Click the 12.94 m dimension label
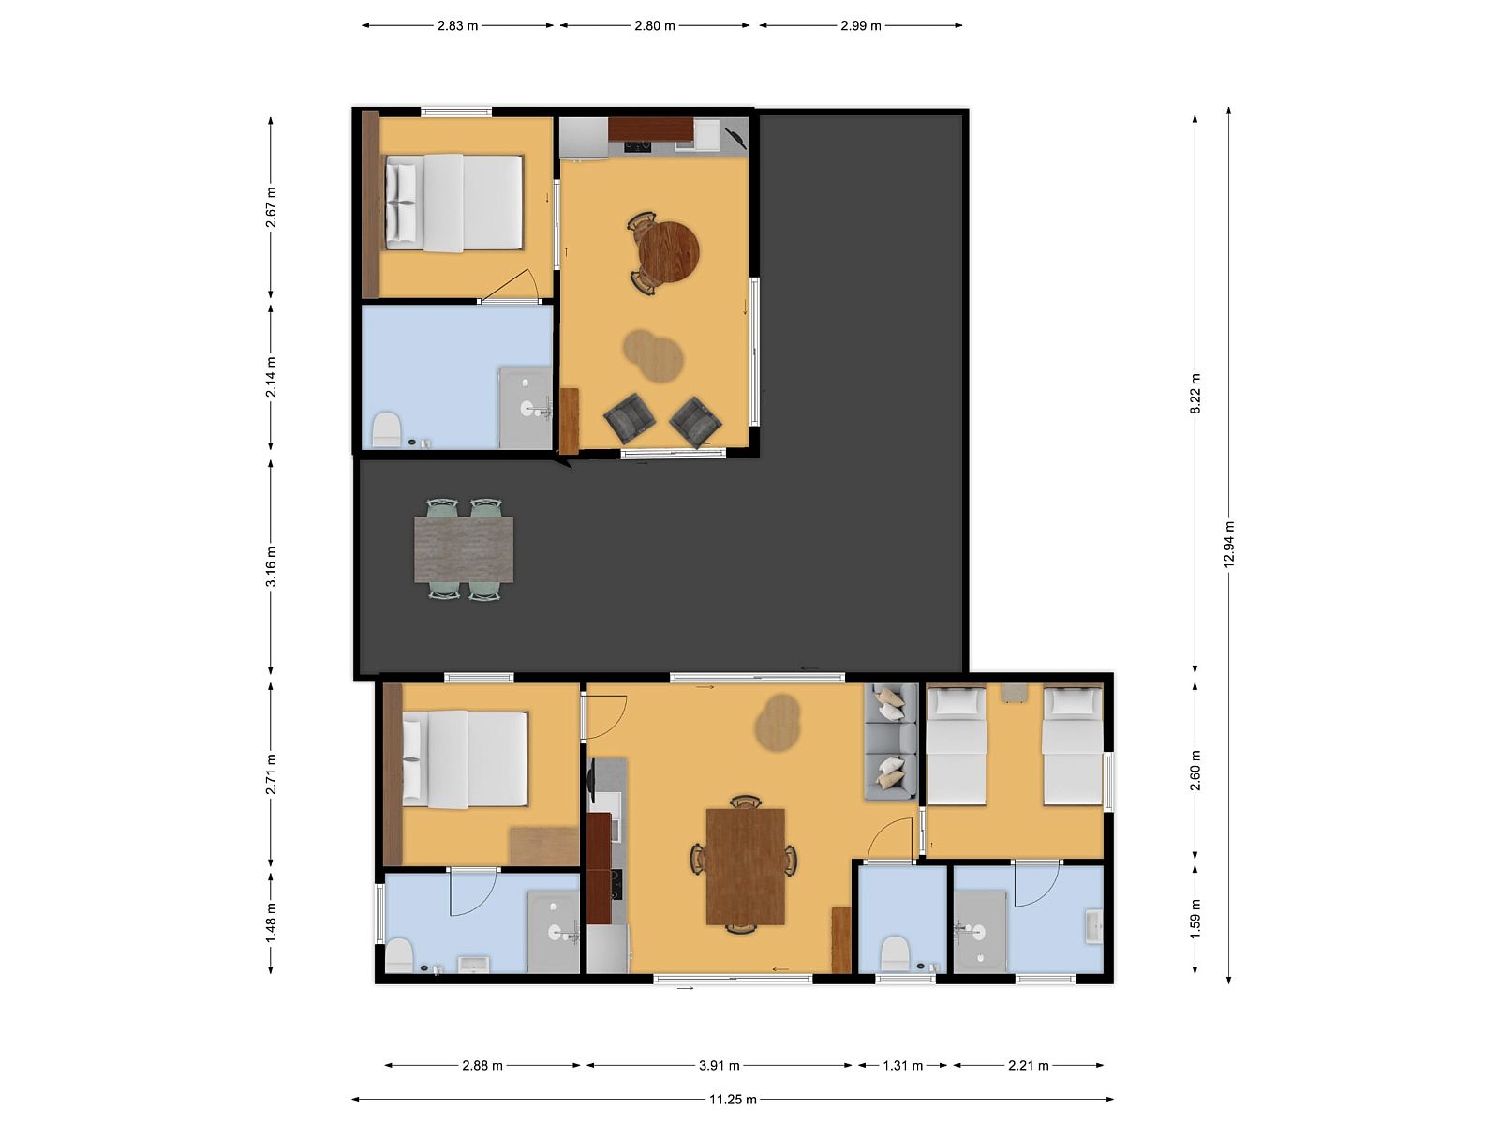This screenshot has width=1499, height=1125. tap(1229, 545)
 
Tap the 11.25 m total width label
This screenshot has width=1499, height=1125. tap(733, 1099)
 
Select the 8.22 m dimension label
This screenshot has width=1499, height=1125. tap(1195, 394)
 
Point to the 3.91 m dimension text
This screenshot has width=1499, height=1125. tap(720, 1065)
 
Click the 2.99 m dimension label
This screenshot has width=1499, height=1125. tap(860, 26)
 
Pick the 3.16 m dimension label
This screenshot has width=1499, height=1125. tap(271, 566)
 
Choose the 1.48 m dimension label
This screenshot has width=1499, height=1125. tap(271, 922)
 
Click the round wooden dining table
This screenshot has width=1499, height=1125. tap(669, 252)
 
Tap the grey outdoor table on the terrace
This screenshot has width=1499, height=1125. tap(464, 550)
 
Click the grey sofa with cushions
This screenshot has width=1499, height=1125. tap(891, 742)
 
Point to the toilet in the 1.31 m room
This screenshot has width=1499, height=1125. tap(895, 953)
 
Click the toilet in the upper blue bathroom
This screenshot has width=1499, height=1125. tap(387, 429)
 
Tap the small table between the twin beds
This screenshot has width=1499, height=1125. tap(1014, 692)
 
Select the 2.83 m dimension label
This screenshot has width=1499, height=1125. tap(457, 26)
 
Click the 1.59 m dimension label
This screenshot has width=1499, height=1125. tap(1195, 919)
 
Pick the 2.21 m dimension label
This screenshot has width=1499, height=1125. tap(1029, 1065)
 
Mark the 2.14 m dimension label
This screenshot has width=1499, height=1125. tap(271, 377)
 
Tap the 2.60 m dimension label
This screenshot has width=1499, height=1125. tap(1195, 770)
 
